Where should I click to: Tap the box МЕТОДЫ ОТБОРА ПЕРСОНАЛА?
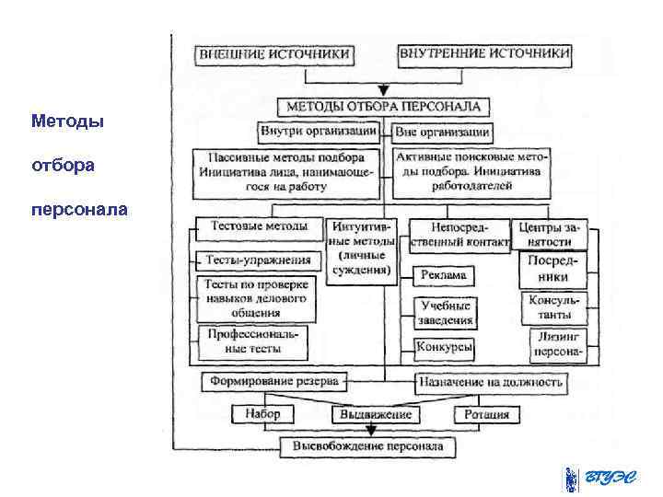[383, 106]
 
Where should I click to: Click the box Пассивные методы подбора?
[286, 172]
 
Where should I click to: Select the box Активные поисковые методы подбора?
[471, 171]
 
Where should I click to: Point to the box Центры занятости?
[552, 234]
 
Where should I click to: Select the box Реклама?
[445, 274]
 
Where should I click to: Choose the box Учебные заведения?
[446, 313]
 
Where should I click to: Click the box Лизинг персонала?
[560, 345]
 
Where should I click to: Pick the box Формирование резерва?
[273, 380]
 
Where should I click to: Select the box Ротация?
[487, 414]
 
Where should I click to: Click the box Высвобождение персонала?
[367, 447]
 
